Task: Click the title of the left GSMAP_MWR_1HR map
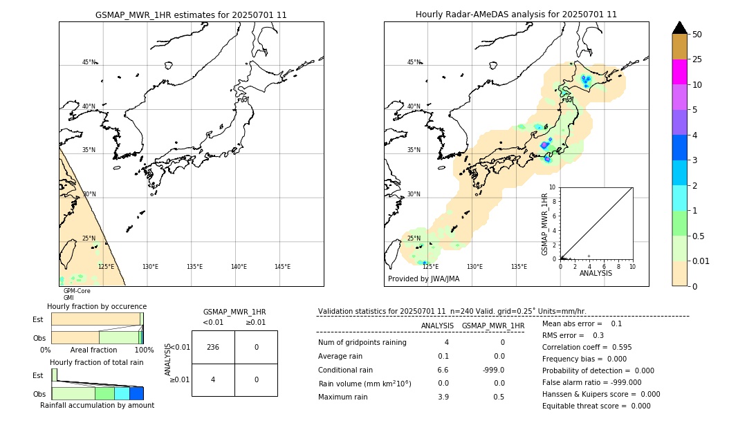(191, 15)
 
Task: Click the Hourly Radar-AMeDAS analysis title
(516, 15)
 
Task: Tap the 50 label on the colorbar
(697, 34)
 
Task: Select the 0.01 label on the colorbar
(701, 261)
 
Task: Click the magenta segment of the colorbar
(680, 72)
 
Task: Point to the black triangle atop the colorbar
(680, 28)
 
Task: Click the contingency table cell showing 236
(213, 347)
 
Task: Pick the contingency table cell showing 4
(213, 379)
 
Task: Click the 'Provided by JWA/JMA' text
(423, 279)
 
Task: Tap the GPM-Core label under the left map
(77, 291)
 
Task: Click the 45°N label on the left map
(89, 62)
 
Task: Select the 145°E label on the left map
(282, 267)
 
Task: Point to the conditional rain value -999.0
(493, 370)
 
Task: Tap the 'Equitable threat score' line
(596, 406)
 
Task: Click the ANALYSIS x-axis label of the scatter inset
(596, 273)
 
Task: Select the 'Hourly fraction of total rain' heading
(97, 362)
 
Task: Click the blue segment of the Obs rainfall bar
(136, 393)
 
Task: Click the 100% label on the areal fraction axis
(144, 350)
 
